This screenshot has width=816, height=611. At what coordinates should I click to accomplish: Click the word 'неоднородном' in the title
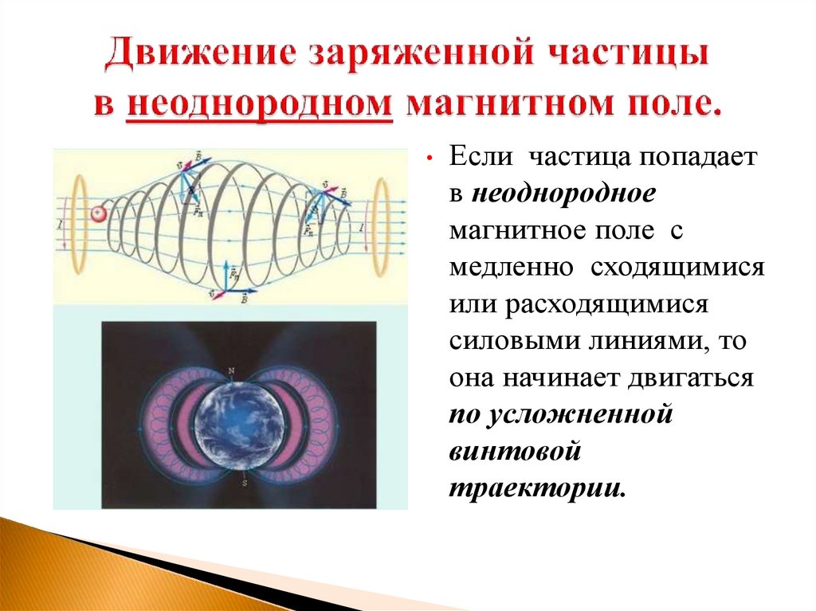tap(259, 104)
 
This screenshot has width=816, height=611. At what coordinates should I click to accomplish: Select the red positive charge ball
tap(98, 213)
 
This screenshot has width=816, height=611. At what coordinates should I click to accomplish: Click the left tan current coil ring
tap(80, 223)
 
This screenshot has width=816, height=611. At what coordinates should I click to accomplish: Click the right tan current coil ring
tap(382, 225)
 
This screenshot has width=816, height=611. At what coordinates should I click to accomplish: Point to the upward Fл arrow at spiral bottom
tap(229, 272)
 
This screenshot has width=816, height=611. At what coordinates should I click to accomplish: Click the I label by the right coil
tap(363, 229)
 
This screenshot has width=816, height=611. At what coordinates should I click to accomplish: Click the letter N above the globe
tap(231, 371)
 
